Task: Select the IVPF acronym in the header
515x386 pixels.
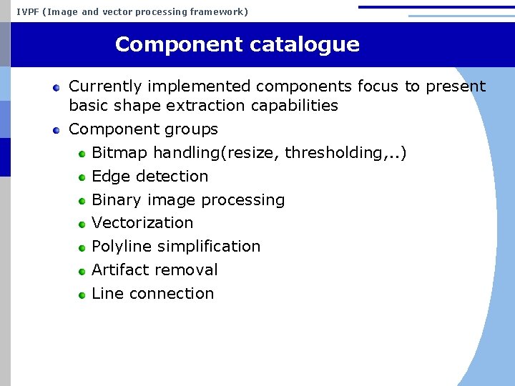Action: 27,11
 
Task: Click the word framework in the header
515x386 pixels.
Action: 216,11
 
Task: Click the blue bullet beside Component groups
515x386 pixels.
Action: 56,130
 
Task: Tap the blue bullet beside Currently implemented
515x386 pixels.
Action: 56,87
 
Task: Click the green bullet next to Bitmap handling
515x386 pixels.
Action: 82,154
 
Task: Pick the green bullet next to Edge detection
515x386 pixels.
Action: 82,177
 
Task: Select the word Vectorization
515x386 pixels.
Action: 142,223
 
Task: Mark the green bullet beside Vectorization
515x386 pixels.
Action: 82,224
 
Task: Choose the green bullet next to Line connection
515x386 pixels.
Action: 82,295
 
